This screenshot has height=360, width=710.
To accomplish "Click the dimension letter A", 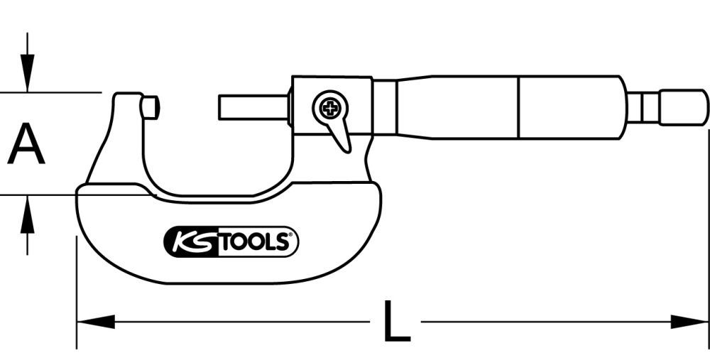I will click(26, 143).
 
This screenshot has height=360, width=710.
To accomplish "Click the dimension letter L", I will click(395, 322).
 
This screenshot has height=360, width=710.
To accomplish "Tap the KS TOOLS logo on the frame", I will click(231, 242).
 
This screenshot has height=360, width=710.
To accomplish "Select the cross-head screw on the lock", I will click(329, 109).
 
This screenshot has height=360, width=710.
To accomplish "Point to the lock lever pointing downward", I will click(342, 135).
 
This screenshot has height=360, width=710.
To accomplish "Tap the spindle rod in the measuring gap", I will click(252, 109).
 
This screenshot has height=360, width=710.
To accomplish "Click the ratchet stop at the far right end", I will click(682, 107).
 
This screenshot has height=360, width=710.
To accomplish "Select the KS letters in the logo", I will click(189, 242).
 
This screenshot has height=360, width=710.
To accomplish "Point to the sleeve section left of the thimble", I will click(454, 107).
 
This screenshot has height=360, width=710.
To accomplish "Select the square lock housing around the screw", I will click(330, 107).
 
